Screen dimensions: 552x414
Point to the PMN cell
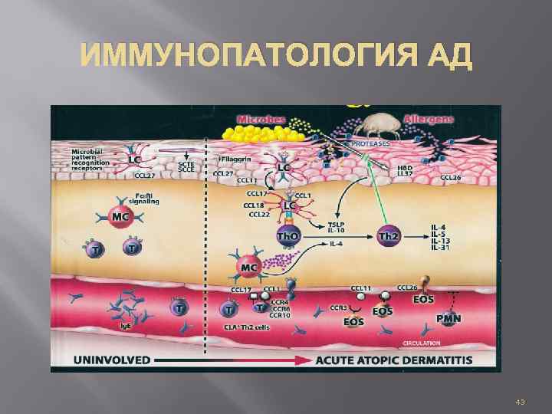coord(449,317)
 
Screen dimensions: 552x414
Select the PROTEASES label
coord(372,144)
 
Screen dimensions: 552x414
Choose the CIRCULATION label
coord(422,343)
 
